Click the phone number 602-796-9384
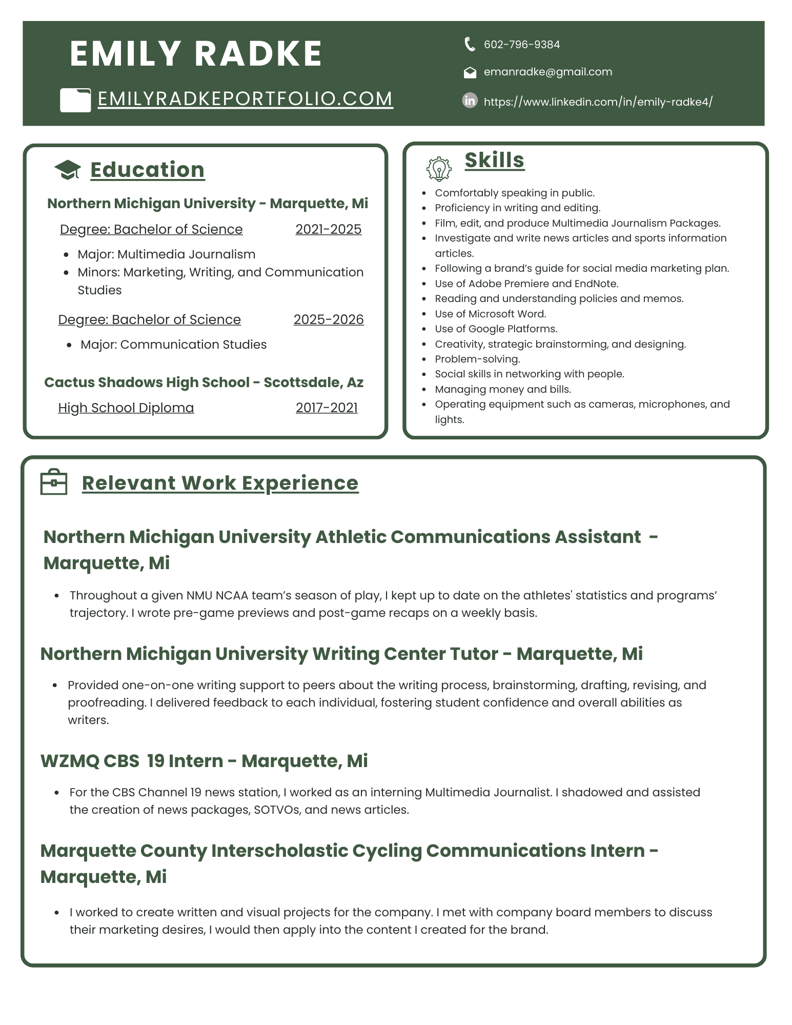pos(521,45)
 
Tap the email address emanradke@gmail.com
pos(547,72)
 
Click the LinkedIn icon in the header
pos(470,101)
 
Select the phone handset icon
pos(470,44)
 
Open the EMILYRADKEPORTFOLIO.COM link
pos(245,99)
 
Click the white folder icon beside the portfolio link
pos(75,100)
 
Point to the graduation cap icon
pos(67,170)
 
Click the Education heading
pos(147,170)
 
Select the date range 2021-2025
pos(328,229)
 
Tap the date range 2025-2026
pos(328,319)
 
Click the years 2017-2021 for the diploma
pos(327,408)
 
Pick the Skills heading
pos(494,160)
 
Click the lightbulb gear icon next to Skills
pos(439,169)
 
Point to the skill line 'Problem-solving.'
pos(477,359)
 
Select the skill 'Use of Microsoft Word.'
pos(490,314)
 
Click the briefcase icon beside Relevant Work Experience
pos(54,482)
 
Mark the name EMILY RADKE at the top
pos(196,54)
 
